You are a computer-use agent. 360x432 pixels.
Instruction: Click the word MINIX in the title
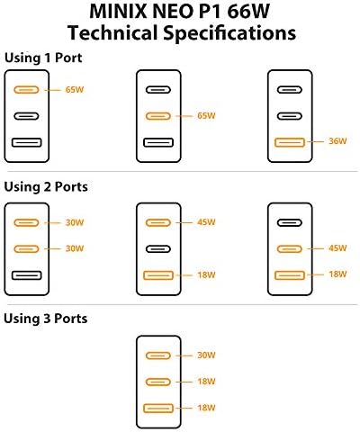click(119, 12)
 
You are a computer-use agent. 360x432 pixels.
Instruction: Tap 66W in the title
click(248, 12)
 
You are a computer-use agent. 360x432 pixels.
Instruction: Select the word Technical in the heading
click(112, 32)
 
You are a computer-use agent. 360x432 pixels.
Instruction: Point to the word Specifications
click(229, 33)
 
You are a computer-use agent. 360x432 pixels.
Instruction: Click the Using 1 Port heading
click(43, 58)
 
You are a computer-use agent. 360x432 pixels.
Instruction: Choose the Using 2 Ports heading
click(46, 186)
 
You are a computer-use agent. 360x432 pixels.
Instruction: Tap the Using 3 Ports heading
click(46, 319)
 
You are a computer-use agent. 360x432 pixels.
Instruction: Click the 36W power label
click(337, 141)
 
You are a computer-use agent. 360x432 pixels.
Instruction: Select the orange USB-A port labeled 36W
click(290, 142)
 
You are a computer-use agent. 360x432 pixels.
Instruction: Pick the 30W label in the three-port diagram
click(206, 355)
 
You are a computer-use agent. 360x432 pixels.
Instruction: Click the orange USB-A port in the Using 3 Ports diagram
click(158, 409)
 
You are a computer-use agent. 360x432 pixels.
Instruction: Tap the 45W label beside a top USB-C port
click(206, 222)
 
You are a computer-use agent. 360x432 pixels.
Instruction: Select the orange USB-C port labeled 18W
click(158, 382)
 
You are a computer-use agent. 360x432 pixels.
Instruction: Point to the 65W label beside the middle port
click(206, 116)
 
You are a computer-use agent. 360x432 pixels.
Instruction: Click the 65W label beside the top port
click(75, 90)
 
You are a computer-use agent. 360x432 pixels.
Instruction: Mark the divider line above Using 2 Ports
click(183, 172)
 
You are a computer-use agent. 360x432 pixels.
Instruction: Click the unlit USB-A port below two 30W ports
click(27, 275)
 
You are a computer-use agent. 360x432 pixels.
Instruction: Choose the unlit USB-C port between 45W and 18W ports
click(158, 249)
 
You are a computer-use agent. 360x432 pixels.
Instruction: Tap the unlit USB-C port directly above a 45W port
click(290, 222)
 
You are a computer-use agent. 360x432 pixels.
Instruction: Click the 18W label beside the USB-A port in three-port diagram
click(206, 408)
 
